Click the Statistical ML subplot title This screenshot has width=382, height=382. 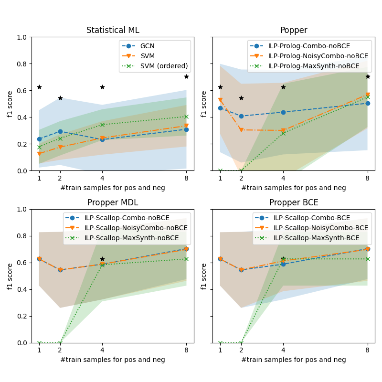(x=113, y=31)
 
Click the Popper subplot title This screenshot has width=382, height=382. (x=294, y=31)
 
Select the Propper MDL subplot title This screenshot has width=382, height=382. (x=113, y=202)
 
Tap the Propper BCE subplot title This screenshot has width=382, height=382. (x=294, y=202)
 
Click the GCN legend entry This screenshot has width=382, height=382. (x=147, y=46)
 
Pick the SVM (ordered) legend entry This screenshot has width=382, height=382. (x=164, y=66)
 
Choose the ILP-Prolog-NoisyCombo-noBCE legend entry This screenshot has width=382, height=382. (x=318, y=56)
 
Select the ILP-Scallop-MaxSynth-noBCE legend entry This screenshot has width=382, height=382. (x=131, y=238)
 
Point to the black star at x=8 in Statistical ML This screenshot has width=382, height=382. (x=186, y=76)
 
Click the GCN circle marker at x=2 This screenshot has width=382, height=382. (x=60, y=131)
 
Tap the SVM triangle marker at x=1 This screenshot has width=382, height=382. (x=39, y=154)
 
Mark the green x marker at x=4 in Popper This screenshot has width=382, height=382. (x=283, y=133)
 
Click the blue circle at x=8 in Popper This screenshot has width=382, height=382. (x=368, y=103)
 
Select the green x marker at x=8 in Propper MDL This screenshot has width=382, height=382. (x=186, y=259)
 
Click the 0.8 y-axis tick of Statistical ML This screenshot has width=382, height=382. (x=23, y=64)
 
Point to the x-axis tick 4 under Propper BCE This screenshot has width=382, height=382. (x=283, y=350)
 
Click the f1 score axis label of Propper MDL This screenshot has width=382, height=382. (x=10, y=276)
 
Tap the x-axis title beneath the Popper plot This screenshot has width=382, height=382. (x=294, y=188)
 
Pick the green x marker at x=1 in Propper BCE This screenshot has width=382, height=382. (x=220, y=343)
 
